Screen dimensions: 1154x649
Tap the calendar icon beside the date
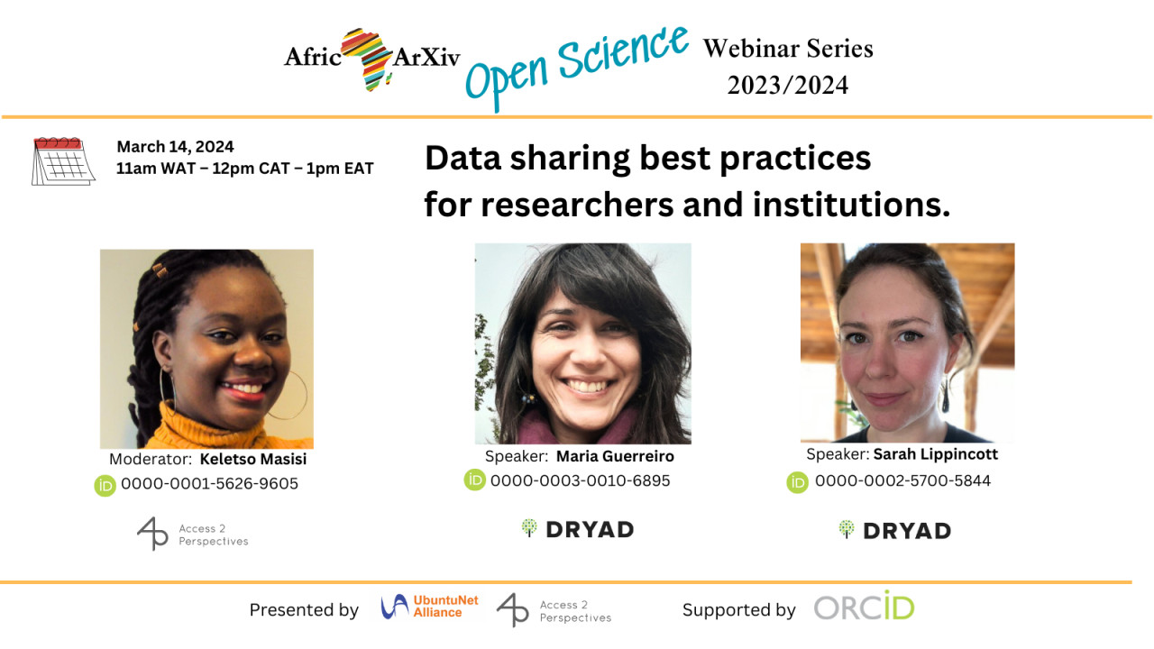click(63, 161)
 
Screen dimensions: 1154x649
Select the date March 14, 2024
click(175, 147)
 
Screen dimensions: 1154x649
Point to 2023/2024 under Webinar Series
click(787, 85)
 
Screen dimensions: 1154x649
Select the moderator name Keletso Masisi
click(253, 459)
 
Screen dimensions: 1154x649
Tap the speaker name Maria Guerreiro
click(615, 456)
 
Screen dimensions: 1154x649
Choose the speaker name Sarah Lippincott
click(936, 454)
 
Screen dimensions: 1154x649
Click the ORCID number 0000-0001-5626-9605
click(209, 484)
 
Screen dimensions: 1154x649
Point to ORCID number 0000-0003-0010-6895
click(580, 480)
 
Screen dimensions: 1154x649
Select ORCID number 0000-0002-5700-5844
click(902, 480)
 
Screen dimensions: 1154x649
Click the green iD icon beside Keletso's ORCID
click(105, 486)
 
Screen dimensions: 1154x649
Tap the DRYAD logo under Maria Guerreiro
click(577, 529)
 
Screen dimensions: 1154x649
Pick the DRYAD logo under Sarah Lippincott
click(894, 531)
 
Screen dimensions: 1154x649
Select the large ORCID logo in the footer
click(864, 606)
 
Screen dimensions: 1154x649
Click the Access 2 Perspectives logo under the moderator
click(192, 535)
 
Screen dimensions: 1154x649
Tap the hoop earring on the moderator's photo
click(292, 396)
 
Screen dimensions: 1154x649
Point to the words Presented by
click(304, 610)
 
